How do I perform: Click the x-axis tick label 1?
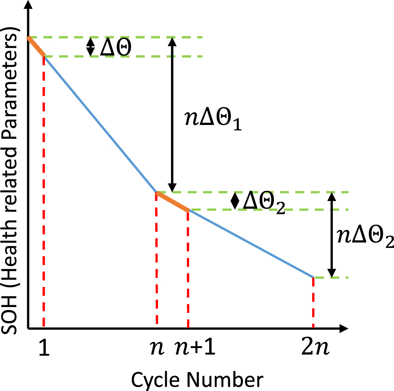pyautogui.click(x=45, y=350)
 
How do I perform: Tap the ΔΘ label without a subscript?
pyautogui.click(x=115, y=47)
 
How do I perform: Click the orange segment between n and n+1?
pyautogui.click(x=173, y=201)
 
